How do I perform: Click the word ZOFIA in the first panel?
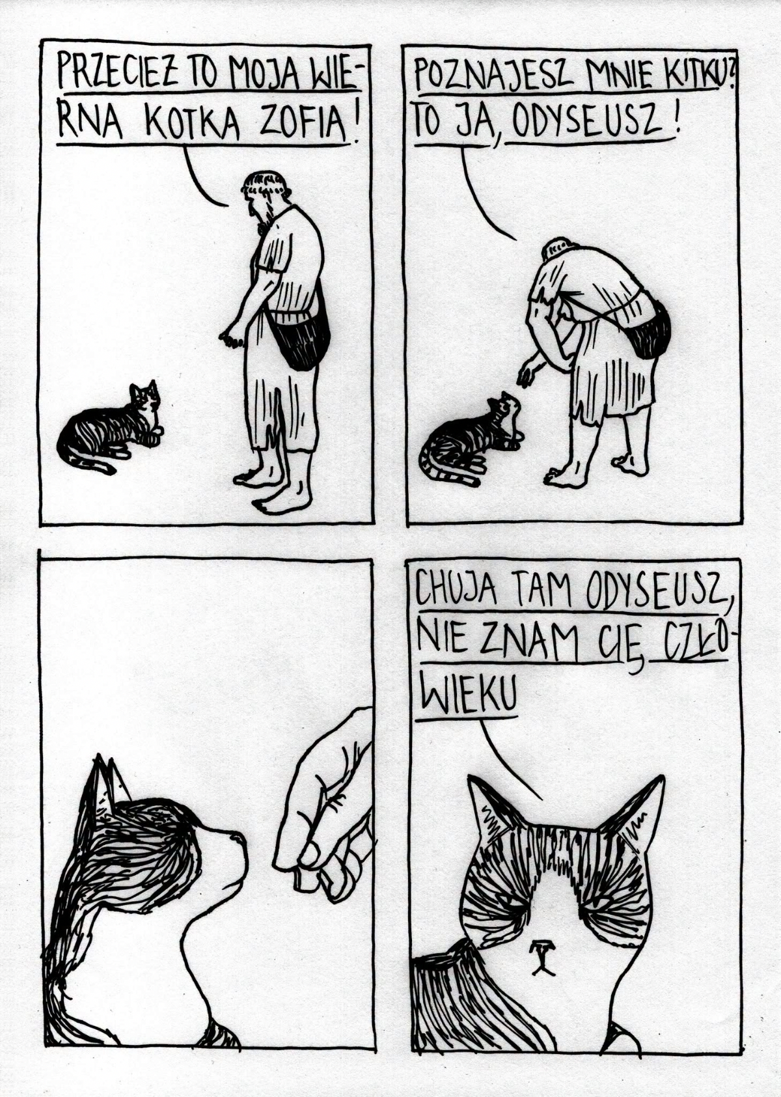(303, 120)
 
